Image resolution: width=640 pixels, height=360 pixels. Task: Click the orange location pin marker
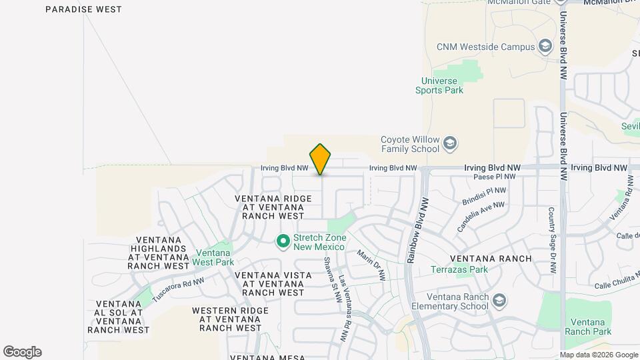tap(320, 159)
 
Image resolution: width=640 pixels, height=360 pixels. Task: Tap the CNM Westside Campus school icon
tap(545, 47)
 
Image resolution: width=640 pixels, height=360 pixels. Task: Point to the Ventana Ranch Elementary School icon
tap(499, 301)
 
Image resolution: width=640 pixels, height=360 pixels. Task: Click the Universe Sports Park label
tap(439, 85)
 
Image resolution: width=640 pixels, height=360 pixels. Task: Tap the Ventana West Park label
tap(213, 257)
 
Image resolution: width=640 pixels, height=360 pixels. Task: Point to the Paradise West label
tap(83, 9)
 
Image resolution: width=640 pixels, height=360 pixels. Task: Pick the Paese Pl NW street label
tap(494, 177)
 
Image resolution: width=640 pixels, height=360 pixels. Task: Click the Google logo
tap(22, 352)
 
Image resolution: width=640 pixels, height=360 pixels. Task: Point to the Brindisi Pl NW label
tap(484, 195)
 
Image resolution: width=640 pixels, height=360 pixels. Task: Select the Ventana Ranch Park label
tap(587, 327)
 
